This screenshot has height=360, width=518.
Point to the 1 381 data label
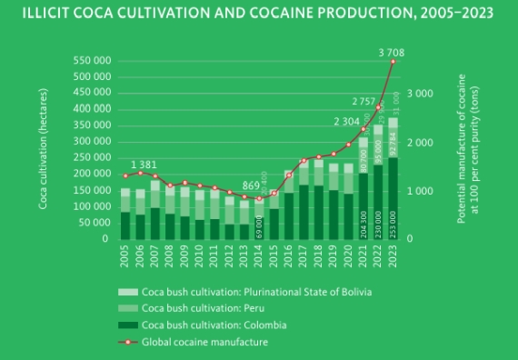144,165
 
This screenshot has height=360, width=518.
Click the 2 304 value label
346,121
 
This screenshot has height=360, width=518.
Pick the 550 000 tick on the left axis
92,61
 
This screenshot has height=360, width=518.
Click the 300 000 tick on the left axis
92,142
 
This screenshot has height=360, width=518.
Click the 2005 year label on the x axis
125,253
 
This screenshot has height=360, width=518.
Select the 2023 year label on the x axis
393,253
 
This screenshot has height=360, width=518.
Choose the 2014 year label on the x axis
259,253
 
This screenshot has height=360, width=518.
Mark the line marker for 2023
393,62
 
